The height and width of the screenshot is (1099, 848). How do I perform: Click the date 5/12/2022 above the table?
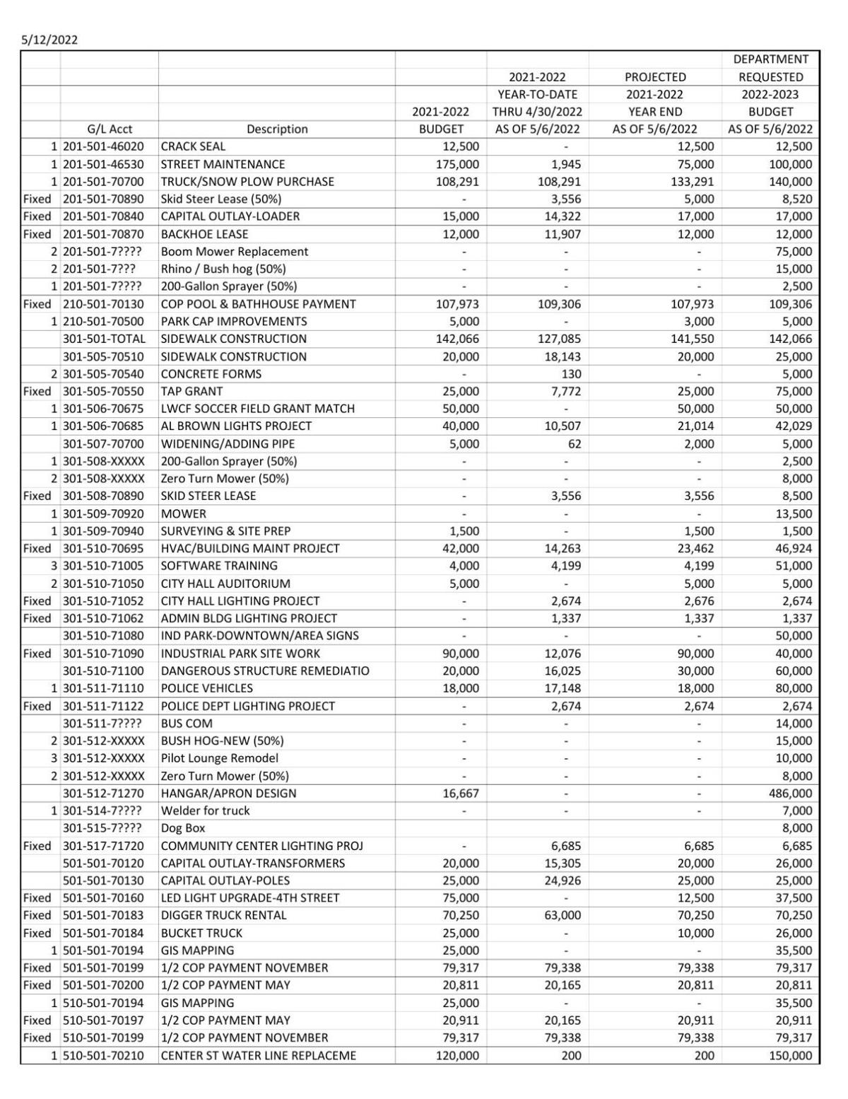(49, 40)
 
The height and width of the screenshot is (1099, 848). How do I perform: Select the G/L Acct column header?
(110, 129)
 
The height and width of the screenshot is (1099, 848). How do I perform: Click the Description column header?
(277, 129)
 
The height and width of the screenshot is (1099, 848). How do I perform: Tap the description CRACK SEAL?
(193, 146)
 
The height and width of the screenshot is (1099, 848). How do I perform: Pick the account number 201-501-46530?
(103, 164)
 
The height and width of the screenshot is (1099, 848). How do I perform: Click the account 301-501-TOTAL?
(104, 339)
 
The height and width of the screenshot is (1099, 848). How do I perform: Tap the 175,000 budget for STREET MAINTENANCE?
(457, 164)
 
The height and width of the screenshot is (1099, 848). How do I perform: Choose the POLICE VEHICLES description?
(206, 688)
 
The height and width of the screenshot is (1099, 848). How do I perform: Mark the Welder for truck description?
(205, 810)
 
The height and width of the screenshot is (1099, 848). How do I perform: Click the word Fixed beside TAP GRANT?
(37, 391)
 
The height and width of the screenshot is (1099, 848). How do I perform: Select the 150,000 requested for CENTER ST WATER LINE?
(790, 1055)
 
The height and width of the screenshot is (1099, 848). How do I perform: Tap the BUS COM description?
(187, 723)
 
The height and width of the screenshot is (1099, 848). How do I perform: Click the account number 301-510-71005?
(103, 566)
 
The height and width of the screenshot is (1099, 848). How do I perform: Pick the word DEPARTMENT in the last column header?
(770, 59)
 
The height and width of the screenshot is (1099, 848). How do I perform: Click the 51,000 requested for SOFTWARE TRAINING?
(794, 566)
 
